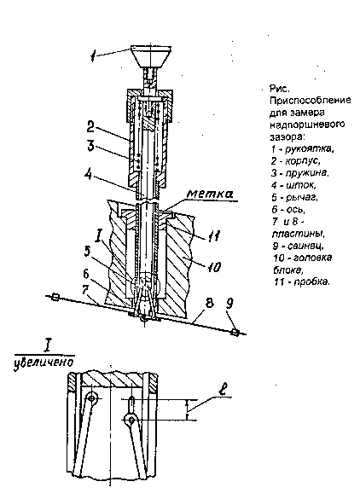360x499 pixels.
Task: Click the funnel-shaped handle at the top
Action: [151, 56]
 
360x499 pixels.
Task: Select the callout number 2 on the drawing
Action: [91, 127]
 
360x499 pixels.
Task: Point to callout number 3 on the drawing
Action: [90, 146]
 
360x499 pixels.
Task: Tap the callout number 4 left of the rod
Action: [89, 174]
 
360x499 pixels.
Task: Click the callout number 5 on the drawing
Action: [87, 251]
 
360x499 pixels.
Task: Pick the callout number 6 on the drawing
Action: [87, 274]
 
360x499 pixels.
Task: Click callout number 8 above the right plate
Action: [209, 303]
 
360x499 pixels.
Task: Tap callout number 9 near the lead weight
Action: [229, 303]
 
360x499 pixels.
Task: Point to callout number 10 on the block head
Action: [214, 267]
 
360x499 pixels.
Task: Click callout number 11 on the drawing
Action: [212, 235]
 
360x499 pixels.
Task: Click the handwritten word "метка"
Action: [210, 194]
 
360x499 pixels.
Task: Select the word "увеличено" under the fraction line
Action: [44, 362]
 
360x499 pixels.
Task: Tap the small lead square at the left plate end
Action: [55, 298]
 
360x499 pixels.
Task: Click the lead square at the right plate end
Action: [235, 333]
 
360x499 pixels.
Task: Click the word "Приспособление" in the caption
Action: [311, 101]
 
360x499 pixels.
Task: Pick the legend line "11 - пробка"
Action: [301, 282]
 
